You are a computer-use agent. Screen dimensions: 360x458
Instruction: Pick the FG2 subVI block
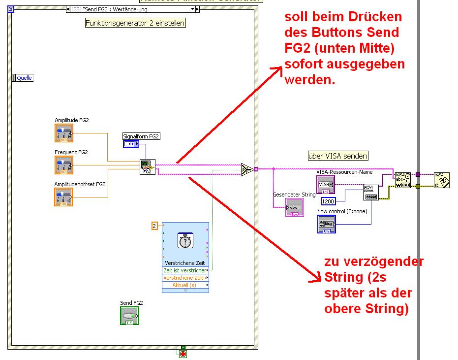(x=148, y=167)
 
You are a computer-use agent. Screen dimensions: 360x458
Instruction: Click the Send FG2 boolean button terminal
(x=129, y=316)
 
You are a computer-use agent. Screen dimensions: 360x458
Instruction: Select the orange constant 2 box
(x=154, y=226)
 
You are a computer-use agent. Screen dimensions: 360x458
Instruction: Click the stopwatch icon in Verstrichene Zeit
(x=185, y=241)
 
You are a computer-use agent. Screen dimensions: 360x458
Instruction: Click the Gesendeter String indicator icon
(x=295, y=207)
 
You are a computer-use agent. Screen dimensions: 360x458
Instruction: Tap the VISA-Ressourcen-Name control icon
(x=326, y=185)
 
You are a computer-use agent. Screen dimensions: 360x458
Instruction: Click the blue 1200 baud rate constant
(x=328, y=201)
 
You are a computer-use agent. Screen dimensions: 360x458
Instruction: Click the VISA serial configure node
(x=371, y=192)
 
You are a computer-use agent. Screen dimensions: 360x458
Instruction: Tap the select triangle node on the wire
(x=247, y=169)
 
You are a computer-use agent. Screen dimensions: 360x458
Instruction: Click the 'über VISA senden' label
(x=337, y=156)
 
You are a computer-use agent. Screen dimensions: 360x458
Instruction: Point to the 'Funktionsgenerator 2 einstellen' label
(x=135, y=23)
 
